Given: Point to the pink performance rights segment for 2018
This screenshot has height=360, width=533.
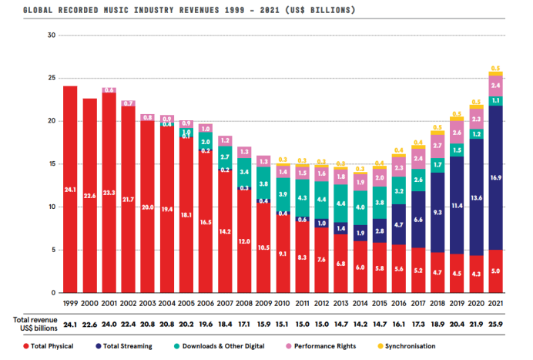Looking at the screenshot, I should pos(437,146).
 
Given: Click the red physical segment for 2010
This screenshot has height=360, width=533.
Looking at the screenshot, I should pos(282,254).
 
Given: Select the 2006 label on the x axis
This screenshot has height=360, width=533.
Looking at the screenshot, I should pos(205,303).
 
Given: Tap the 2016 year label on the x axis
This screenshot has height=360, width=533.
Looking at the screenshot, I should pos(398,303).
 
